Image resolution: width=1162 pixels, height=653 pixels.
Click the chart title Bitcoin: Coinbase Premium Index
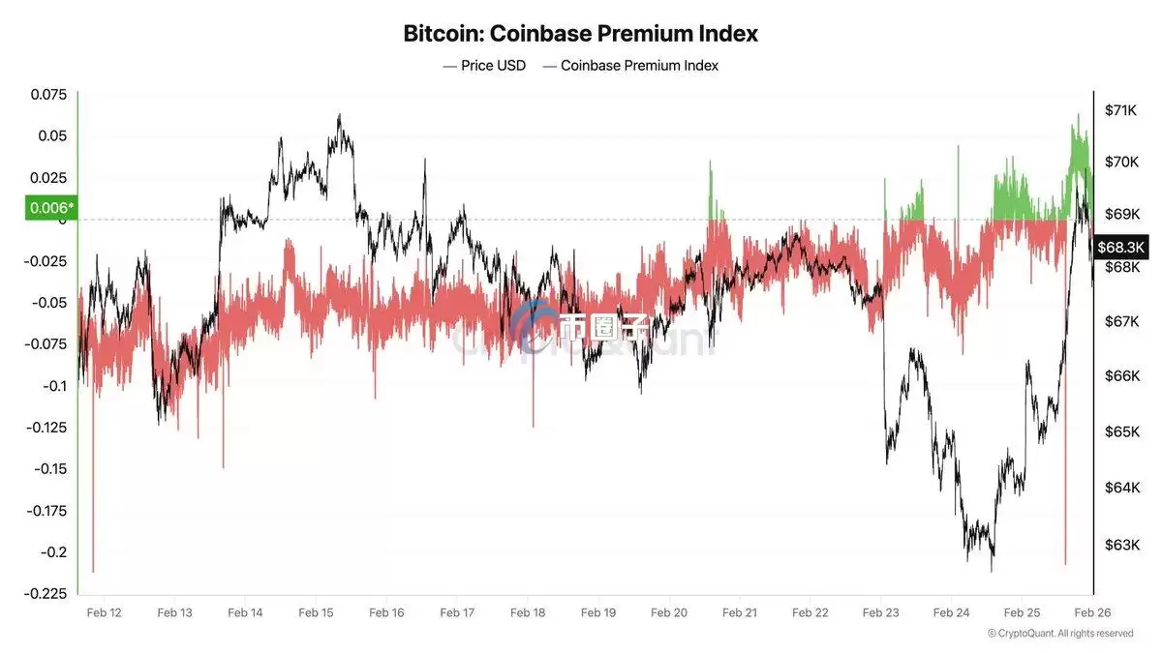point(580,33)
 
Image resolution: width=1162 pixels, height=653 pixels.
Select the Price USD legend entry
point(484,66)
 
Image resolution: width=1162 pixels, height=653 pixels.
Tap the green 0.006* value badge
point(48,207)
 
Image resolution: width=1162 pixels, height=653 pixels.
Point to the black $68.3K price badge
point(1122,247)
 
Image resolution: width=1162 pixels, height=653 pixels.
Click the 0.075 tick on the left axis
point(48,95)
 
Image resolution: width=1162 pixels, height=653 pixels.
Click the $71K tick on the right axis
point(1120,110)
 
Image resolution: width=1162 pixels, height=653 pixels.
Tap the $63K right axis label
point(1120,545)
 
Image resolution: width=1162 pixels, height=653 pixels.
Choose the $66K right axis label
point(1120,375)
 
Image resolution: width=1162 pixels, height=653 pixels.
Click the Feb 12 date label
point(104,612)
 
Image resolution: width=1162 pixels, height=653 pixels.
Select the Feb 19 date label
point(597,612)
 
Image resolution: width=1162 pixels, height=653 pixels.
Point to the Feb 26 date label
point(1092,612)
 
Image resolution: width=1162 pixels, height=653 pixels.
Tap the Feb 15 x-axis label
point(316,612)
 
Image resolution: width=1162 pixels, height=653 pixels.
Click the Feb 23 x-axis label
point(880,612)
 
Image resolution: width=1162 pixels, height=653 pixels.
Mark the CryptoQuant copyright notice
point(1059,634)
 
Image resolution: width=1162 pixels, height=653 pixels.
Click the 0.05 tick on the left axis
point(52,136)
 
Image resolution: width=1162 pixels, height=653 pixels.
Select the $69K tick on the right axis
point(1120,213)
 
